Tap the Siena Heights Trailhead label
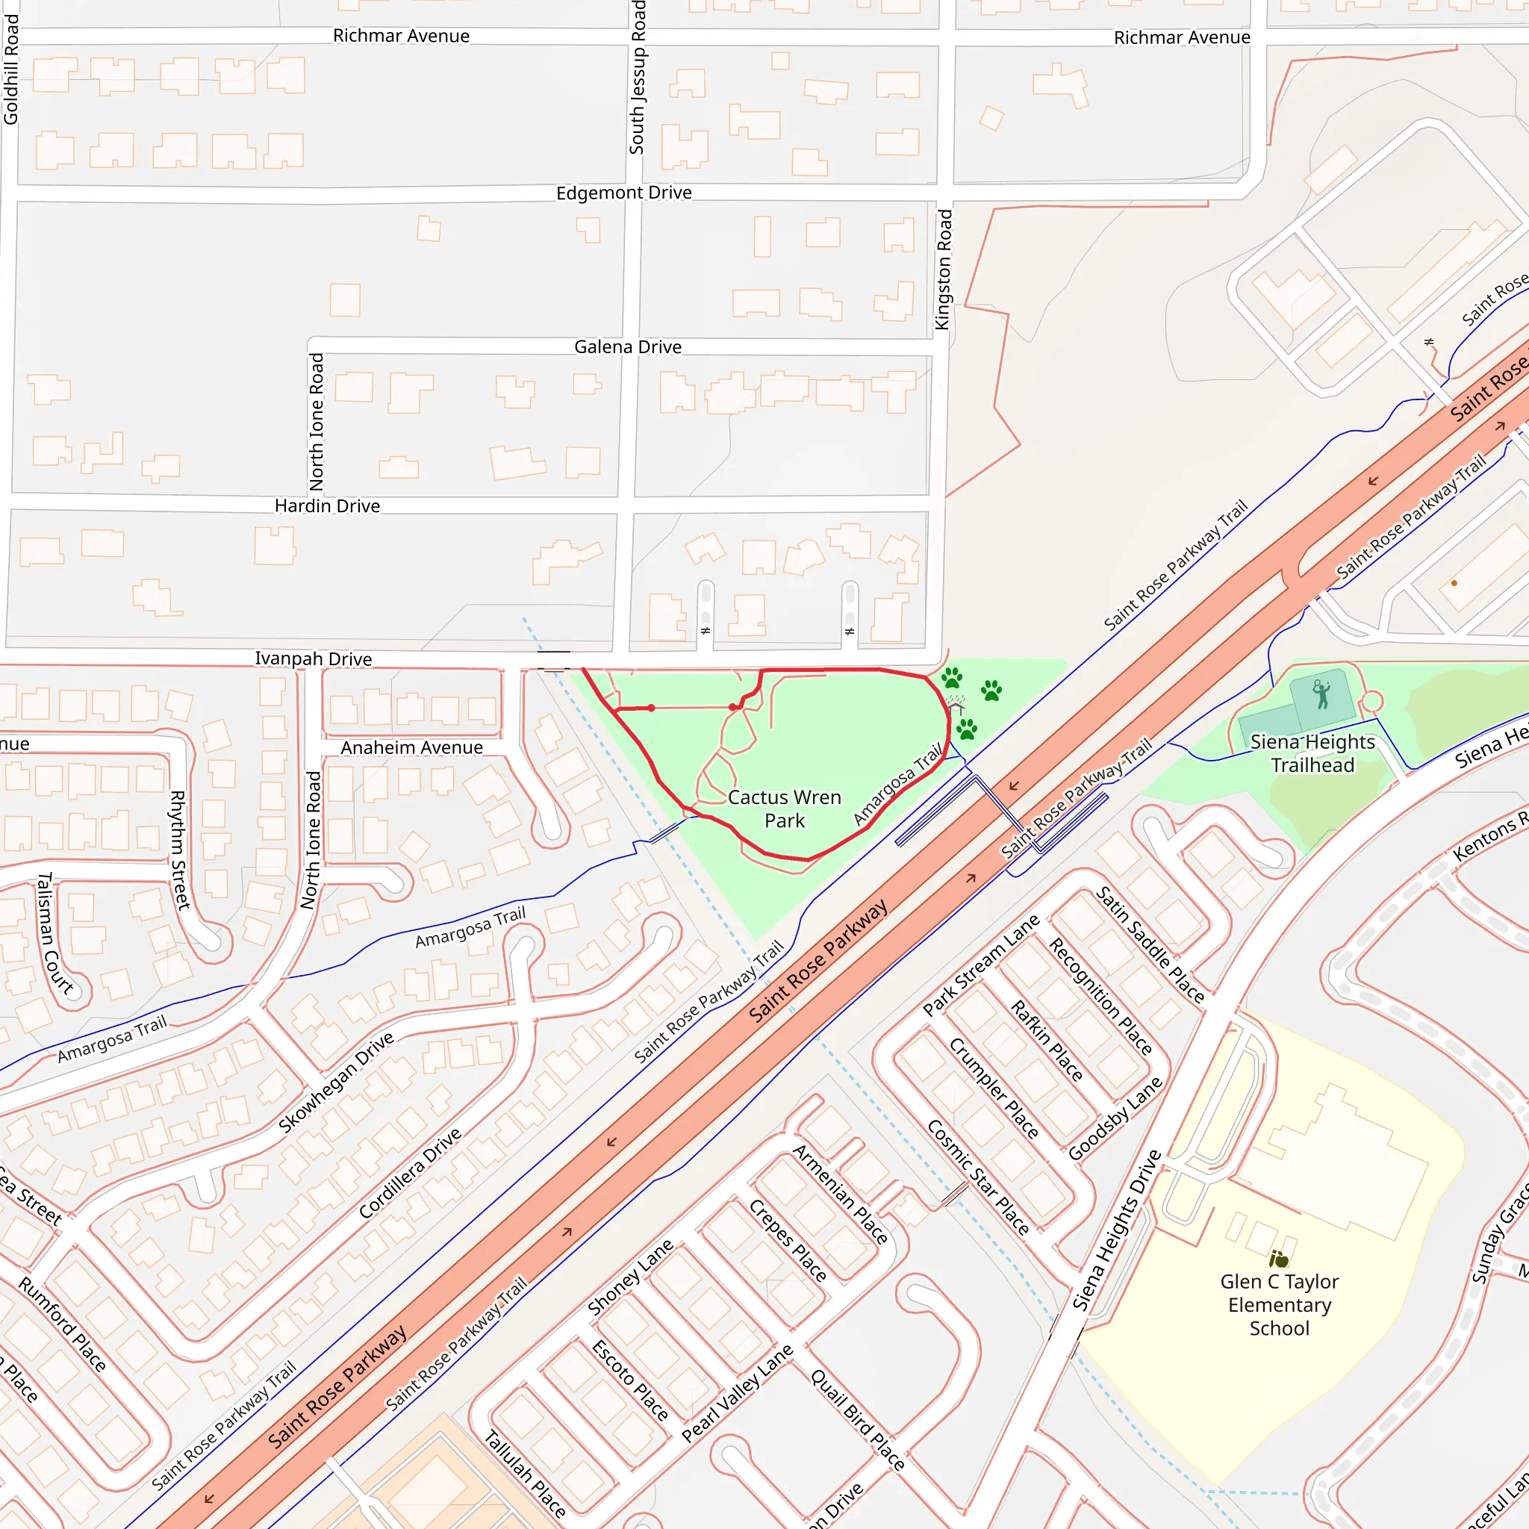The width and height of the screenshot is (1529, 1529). pos(1312,753)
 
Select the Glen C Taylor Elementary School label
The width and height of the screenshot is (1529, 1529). pos(1279,1304)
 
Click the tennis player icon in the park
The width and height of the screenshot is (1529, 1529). pos(1321,694)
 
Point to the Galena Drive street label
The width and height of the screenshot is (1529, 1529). pos(628,346)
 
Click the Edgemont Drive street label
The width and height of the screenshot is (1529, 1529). pos(623,193)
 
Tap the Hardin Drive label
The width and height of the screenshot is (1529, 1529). pos(327,505)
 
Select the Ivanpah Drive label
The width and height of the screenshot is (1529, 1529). pos(313,658)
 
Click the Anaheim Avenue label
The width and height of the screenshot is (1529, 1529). pos(411,747)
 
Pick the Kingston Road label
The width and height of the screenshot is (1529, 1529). pos(943,269)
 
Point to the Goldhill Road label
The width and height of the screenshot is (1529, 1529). pos(10,69)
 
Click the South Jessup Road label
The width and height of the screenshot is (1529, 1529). pos(637,78)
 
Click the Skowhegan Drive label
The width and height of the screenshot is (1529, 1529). pos(337,1082)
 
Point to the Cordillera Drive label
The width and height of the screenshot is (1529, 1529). pos(410,1173)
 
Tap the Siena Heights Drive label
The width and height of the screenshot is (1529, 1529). pos(1117,1230)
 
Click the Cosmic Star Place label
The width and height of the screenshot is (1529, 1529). pos(978,1177)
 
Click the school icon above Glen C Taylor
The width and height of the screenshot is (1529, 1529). pos(1278,1258)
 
